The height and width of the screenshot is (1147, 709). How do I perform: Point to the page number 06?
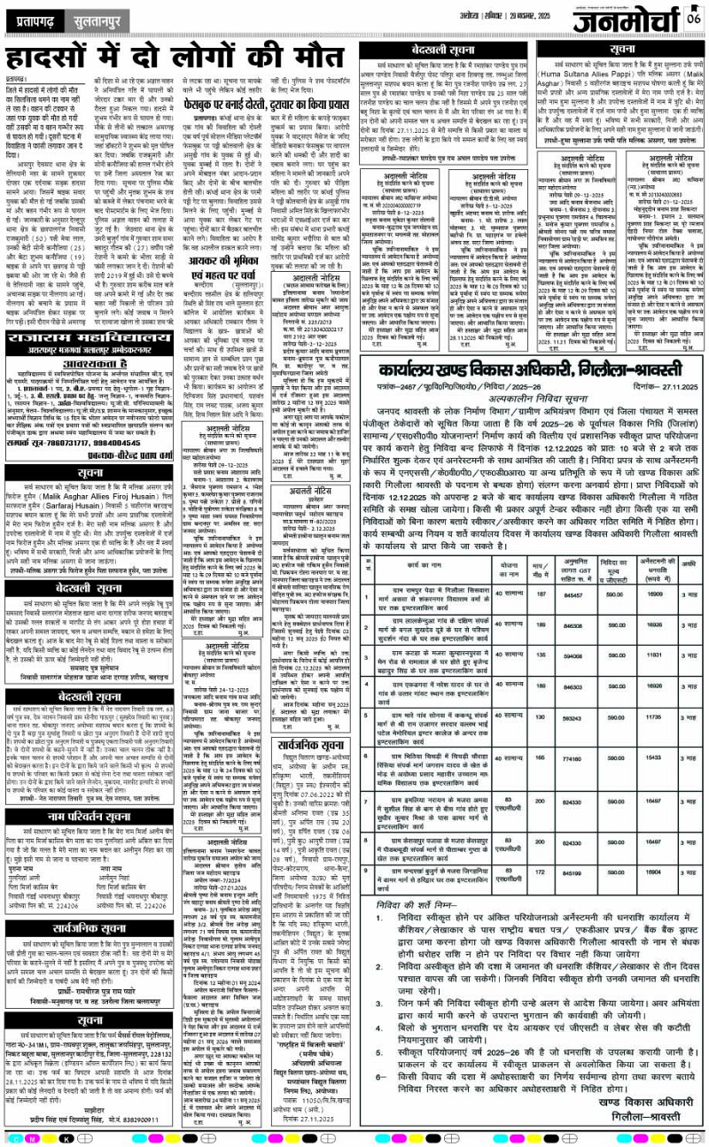(693, 17)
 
